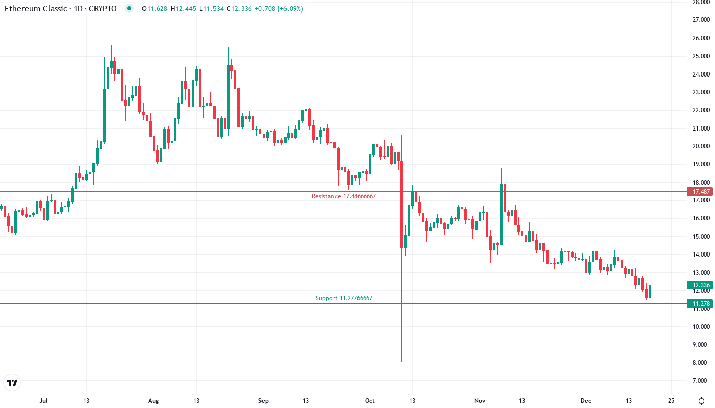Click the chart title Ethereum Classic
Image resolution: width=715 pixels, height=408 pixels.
tap(36, 9)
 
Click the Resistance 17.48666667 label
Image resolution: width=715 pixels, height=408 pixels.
tap(343, 196)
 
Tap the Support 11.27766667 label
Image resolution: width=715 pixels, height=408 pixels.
tap(343, 298)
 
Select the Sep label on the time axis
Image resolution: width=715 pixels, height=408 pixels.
tap(263, 401)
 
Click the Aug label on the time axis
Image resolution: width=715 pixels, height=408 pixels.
tap(154, 401)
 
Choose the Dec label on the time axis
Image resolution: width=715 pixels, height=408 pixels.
tap(585, 401)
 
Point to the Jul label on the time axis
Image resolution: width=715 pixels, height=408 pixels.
tap(44, 401)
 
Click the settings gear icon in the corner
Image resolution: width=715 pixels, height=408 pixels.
tap(701, 400)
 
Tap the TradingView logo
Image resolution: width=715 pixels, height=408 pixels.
tap(12, 382)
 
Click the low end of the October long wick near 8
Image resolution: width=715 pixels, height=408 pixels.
tap(402, 361)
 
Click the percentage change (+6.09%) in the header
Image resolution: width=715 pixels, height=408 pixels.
tap(290, 9)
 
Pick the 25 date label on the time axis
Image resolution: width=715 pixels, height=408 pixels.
tap(671, 401)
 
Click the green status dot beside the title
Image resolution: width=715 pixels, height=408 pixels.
tap(129, 9)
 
